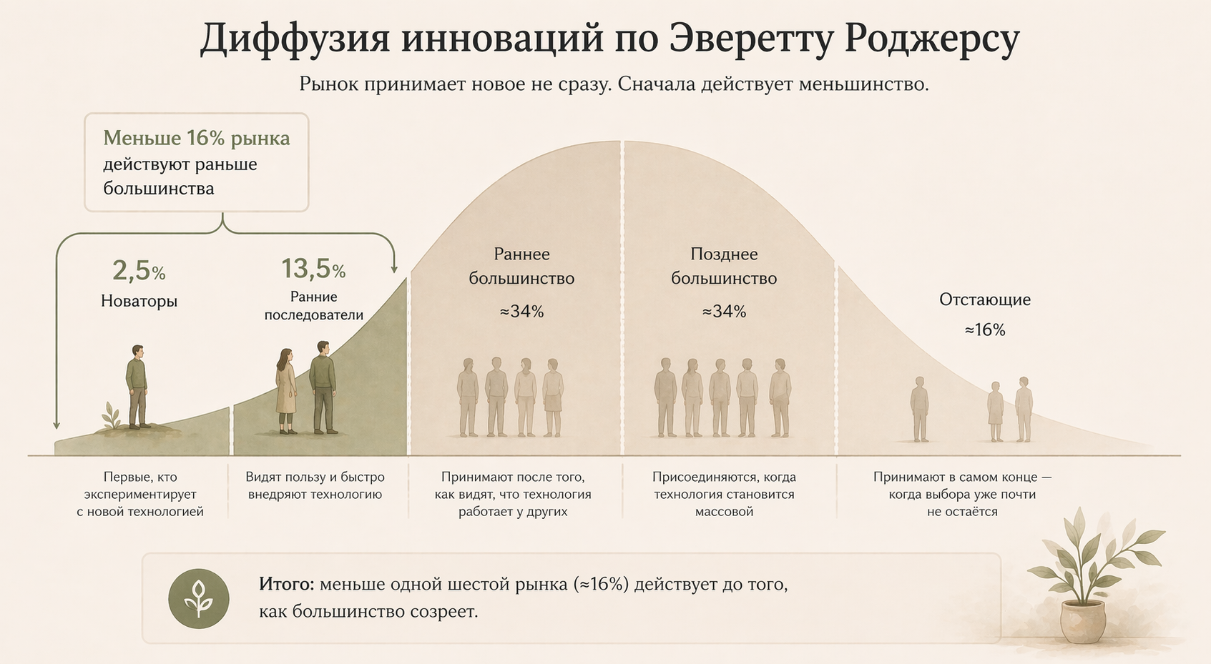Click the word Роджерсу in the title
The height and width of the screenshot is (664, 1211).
931,39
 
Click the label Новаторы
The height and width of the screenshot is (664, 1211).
139,301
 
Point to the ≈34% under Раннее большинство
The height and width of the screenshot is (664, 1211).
521,312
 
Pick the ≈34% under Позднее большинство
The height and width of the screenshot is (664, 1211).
724,312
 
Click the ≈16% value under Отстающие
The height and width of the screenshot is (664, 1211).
984,329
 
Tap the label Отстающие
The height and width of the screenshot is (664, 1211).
984,299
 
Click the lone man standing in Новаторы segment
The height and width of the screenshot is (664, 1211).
137,386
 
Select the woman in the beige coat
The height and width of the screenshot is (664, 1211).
286,391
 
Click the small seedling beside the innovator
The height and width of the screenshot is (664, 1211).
111,416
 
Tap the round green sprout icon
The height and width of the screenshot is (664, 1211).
199,599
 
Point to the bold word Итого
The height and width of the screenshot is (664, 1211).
286,585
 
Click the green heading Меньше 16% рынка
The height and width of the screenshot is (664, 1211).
196,138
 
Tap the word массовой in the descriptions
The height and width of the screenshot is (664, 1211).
724,512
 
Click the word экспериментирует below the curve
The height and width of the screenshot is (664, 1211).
140,495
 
